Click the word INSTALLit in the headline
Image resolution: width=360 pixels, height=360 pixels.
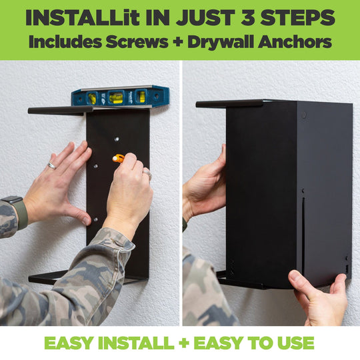coord(83,18)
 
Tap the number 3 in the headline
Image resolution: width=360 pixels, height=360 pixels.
coord(248,18)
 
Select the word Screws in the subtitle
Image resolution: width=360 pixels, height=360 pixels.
coord(137,41)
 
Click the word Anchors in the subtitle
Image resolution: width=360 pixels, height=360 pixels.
coord(295,41)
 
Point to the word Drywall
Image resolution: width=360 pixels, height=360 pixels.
coord(221,42)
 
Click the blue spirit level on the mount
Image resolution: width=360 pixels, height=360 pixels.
coord(120,97)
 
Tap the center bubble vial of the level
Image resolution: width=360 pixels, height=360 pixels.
coord(117,97)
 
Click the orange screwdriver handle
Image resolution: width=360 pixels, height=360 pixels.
coord(118,159)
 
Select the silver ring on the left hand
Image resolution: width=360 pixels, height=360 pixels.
coord(52,165)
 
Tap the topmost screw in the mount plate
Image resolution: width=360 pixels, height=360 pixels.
coord(117,139)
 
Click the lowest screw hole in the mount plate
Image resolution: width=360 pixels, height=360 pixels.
coord(96,219)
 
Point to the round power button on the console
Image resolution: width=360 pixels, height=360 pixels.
coord(304,115)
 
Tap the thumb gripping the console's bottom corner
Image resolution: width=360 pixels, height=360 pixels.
coord(298,281)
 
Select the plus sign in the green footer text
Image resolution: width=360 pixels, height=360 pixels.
coord(184,343)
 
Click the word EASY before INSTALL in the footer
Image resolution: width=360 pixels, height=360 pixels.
coord(69,343)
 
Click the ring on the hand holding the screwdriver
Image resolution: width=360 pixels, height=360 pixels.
coord(147,173)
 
